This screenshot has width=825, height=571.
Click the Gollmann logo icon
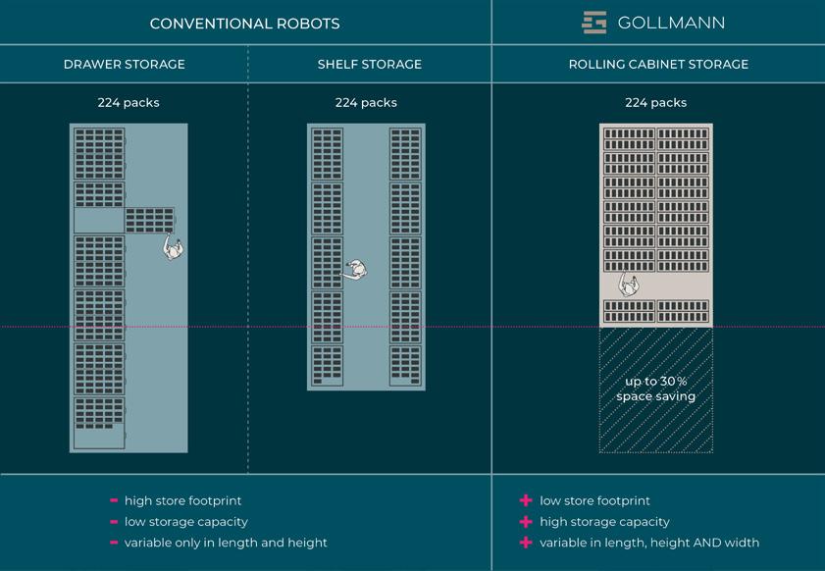tap(594, 23)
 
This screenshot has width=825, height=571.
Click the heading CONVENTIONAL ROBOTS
tap(245, 23)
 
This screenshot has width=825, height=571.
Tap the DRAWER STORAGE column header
tap(124, 65)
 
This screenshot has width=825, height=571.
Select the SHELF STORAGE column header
tap(370, 65)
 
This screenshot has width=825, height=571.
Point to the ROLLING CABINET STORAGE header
tap(658, 65)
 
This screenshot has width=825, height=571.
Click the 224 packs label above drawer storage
tap(129, 102)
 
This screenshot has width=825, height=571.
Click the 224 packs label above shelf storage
tap(366, 102)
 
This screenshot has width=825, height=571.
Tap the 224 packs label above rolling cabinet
tap(655, 102)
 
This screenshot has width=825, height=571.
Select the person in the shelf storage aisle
tap(357, 270)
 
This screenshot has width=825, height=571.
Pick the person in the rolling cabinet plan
tap(628, 285)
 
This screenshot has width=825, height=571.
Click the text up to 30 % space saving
tap(656, 389)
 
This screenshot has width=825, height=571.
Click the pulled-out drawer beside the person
tap(149, 220)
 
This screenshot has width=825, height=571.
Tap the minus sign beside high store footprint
tap(115, 501)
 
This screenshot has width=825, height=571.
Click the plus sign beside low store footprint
tap(527, 501)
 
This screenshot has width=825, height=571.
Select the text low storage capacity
tap(186, 522)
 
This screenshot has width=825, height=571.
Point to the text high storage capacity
tap(604, 522)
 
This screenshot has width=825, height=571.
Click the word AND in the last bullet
tap(708, 543)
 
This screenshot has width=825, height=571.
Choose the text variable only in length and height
tap(226, 543)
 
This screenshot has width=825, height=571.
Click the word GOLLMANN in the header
tap(671, 23)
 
